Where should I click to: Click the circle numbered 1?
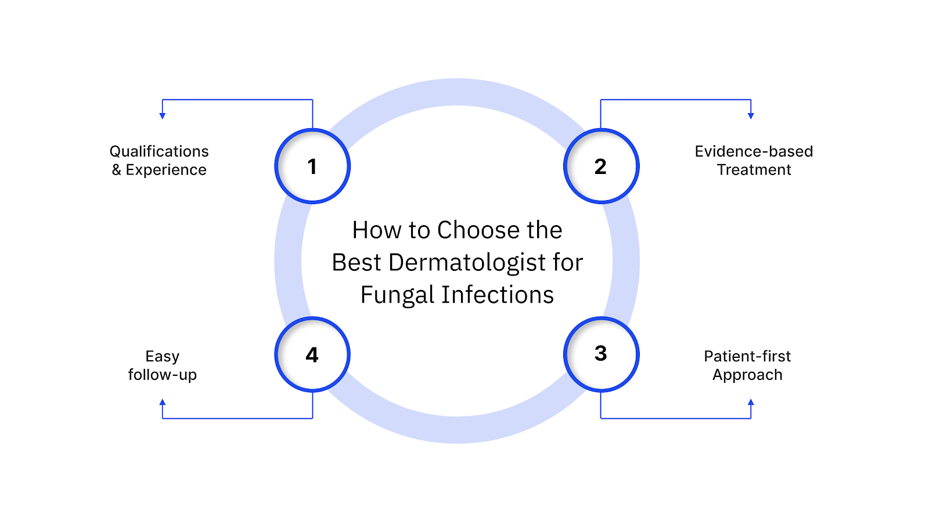coord(312,166)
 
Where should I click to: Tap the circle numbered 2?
coord(601,166)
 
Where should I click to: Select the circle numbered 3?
coord(601,354)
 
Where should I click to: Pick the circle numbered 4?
coord(312,354)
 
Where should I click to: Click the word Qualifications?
coord(159,151)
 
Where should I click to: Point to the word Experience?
coord(166,170)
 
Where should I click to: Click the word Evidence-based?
coord(754,151)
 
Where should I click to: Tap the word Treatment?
coord(754,170)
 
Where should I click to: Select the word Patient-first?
coord(747,356)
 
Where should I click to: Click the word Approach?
coord(747,375)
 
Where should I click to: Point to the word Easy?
coord(163,356)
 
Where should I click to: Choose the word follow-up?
coord(163,375)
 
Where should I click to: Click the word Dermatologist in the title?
coord(467,263)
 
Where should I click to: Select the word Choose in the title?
coord(478,230)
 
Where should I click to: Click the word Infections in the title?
coord(498,295)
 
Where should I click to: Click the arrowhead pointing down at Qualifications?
coord(163,116)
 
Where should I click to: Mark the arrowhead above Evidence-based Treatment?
coord(751,116)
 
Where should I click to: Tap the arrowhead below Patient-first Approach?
coord(751,402)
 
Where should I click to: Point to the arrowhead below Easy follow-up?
coord(163,402)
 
